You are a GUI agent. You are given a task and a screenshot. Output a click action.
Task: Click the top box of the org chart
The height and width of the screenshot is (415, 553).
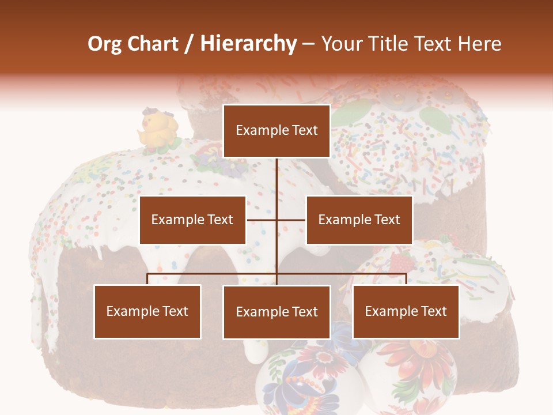point(276,131)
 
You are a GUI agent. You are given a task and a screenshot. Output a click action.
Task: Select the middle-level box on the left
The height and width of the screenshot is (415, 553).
point(192,220)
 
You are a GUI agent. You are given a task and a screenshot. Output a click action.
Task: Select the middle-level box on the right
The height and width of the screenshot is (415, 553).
point(359,220)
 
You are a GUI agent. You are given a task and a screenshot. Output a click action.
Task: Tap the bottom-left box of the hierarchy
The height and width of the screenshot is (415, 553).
point(147,311)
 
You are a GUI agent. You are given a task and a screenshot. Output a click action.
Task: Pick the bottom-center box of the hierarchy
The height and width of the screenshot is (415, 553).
point(276,312)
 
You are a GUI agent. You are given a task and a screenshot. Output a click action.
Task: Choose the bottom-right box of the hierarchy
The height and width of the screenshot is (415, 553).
point(406,311)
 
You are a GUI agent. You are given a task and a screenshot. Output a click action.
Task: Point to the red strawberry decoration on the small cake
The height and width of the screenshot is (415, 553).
point(402,263)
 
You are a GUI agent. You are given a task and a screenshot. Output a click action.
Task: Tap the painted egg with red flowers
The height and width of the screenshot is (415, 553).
point(412,375)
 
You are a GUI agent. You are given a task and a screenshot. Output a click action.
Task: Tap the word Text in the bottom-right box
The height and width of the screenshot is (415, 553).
point(433,311)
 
